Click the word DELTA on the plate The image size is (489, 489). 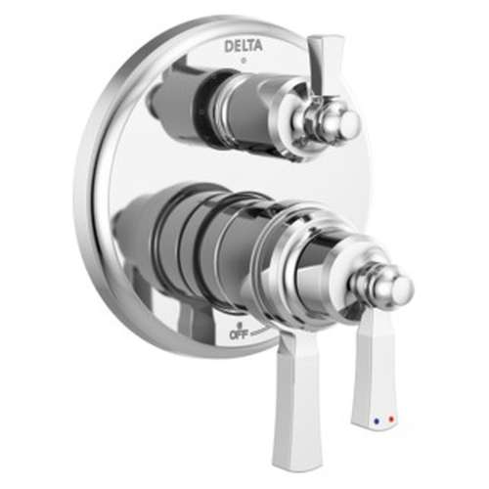coord(244,45)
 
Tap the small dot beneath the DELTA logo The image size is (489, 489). coord(244,59)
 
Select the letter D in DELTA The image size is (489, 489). coord(228,45)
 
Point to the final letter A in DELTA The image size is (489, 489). coord(259,45)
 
